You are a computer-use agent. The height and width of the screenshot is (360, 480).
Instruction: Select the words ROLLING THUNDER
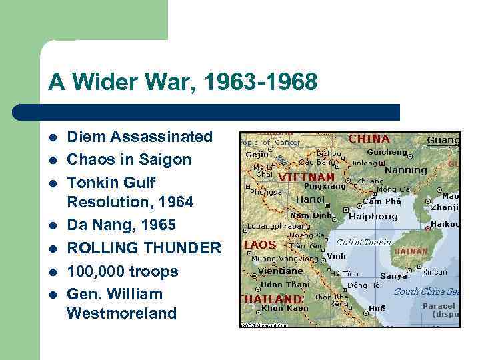[x=144, y=249]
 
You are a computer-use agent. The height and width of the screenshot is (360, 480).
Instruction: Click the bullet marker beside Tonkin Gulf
[x=53, y=183]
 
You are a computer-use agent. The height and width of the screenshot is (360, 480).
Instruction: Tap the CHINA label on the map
[x=369, y=139]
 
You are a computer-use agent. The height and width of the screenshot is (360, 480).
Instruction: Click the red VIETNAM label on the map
[x=306, y=178]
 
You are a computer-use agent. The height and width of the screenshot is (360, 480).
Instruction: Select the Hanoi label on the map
[x=310, y=199]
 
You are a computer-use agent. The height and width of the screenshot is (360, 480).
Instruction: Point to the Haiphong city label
[x=373, y=217]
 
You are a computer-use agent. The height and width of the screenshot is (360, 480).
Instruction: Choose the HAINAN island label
[x=411, y=251]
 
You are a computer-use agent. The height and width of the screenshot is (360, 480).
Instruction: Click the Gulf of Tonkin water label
[x=363, y=242]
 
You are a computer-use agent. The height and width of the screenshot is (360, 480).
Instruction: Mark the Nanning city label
[x=406, y=170]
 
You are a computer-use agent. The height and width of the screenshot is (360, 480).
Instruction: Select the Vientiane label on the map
[x=281, y=271]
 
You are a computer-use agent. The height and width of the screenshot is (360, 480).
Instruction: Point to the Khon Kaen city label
[x=285, y=308]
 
